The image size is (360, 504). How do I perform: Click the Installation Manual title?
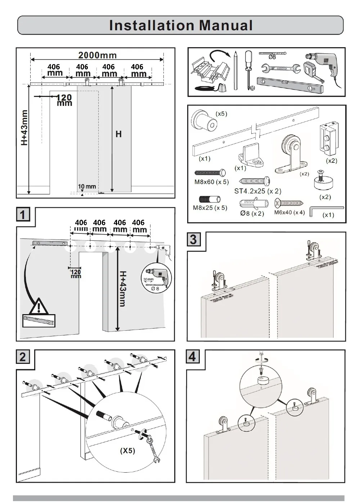(180, 25)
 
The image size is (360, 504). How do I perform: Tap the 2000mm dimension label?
(98, 55)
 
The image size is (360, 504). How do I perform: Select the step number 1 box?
(23, 215)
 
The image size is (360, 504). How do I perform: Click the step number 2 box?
(23, 357)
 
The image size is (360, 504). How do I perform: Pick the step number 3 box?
(193, 239)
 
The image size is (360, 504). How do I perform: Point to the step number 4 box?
(192, 357)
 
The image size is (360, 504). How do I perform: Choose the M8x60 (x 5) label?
(211, 182)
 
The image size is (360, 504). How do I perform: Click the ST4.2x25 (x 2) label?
(258, 191)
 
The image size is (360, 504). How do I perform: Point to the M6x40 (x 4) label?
(289, 213)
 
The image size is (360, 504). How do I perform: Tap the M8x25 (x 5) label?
(210, 208)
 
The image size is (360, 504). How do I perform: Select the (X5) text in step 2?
(127, 451)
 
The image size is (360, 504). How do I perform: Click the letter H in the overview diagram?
(118, 134)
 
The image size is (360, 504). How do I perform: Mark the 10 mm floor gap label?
(87, 186)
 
